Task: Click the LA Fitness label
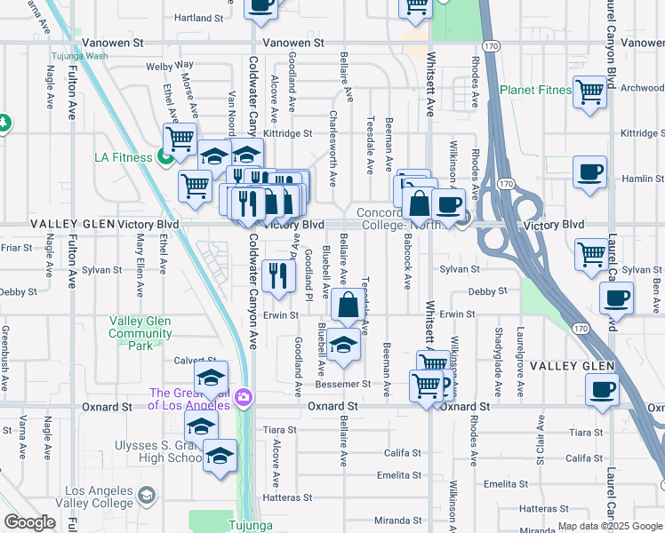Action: click(x=124, y=158)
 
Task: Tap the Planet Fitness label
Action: click(x=534, y=90)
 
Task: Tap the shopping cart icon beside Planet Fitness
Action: click(x=589, y=92)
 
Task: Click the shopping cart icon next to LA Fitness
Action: click(x=180, y=139)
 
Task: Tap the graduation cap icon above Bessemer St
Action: click(x=342, y=345)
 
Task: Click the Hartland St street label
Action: click(x=198, y=18)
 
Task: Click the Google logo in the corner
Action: click(x=30, y=522)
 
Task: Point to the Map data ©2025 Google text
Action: click(x=610, y=526)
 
